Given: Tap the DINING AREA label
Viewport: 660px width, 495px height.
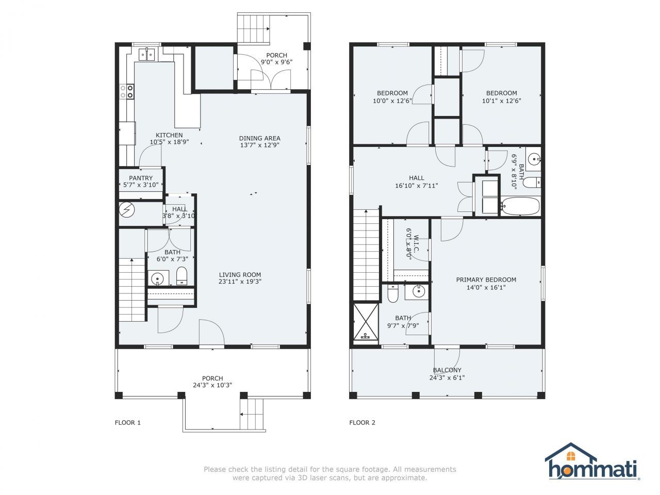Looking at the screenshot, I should point(259,138).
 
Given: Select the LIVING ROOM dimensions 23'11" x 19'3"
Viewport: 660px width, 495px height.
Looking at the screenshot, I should point(240,282).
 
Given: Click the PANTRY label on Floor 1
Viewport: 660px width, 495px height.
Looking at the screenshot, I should point(141,178).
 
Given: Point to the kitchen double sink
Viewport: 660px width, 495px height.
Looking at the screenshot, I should point(148,54).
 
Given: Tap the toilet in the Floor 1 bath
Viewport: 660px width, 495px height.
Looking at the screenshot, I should point(182,277).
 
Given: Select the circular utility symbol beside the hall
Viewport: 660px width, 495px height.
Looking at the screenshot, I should point(126,209).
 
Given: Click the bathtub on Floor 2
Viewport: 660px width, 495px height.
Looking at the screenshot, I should point(520,206).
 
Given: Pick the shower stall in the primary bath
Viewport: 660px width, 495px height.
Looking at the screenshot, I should point(366,322).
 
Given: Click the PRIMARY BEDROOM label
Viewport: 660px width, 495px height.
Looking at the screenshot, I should point(486,280).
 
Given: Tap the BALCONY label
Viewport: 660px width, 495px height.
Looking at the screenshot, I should point(447,370).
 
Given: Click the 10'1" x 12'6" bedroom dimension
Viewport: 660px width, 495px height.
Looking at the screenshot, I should point(501,101).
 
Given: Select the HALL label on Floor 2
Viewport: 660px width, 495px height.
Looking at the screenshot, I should point(417,178).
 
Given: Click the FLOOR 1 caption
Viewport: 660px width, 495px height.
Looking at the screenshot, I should point(127,423).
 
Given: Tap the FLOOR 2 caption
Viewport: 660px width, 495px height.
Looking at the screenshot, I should point(362,423).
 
